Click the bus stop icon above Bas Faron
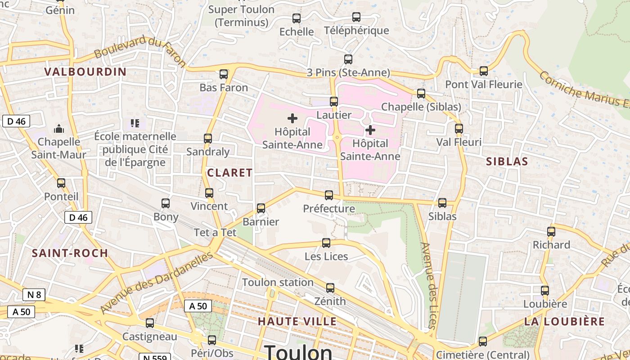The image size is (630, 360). coord(224,74)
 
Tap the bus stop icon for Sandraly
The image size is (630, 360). coord(208,139)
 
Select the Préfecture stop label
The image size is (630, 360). coord(329,209)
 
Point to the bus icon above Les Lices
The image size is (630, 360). coord(326,243)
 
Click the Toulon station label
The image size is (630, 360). coord(278,283)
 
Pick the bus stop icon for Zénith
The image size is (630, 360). coord(330,288)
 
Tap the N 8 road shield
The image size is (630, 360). coord(34,295)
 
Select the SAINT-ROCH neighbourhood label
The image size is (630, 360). coord(70,253)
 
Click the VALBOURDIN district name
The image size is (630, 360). coord(85,72)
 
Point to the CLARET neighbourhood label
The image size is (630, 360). coord(229,172)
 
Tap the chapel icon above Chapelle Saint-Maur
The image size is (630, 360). coord(59,129)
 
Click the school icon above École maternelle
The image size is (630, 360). coord(135,123)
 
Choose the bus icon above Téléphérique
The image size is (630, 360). coord(356,17)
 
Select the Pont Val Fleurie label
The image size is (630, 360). coord(484,84)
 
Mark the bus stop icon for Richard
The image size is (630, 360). coord(551,232)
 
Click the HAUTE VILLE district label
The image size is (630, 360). coord(297,321)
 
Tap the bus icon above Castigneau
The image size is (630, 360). coord(150,323)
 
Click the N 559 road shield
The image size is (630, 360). coord(155,358)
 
